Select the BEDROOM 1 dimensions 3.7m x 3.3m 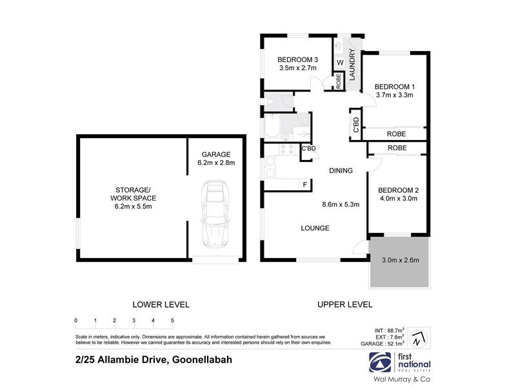click(x=394, y=95)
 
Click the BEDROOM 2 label click(x=398, y=190)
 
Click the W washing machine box click(x=339, y=63)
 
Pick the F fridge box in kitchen click(x=304, y=185)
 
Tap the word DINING click(x=341, y=171)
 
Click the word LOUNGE click(x=315, y=228)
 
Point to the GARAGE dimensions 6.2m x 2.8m click(x=216, y=163)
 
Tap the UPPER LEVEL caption click(x=345, y=304)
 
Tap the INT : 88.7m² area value click(x=387, y=330)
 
